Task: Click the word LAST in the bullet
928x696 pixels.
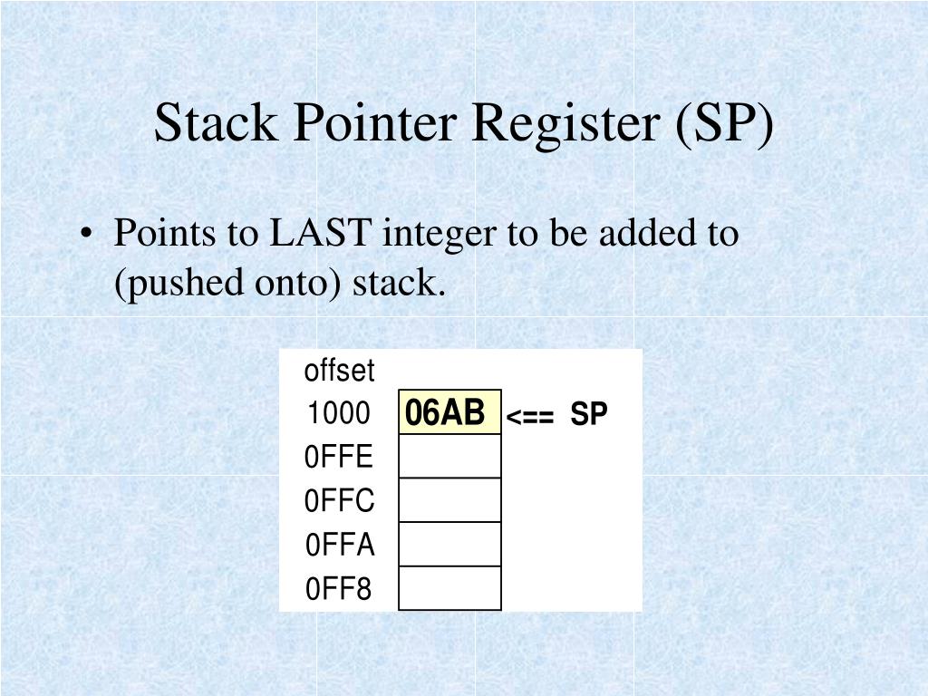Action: click(x=322, y=234)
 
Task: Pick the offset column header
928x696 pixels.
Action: click(x=339, y=371)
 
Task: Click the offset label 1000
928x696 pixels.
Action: click(x=338, y=414)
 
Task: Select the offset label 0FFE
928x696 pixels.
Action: click(x=339, y=458)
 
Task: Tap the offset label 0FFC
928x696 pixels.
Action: click(x=339, y=501)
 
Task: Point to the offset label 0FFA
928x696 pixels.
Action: click(x=339, y=546)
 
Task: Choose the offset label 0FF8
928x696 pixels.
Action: click(x=339, y=590)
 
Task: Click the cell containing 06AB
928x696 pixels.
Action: click(x=449, y=413)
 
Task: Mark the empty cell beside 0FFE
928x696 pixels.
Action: click(x=449, y=457)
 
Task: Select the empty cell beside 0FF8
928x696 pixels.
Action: click(x=449, y=588)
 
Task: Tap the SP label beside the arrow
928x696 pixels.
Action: click(x=589, y=415)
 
